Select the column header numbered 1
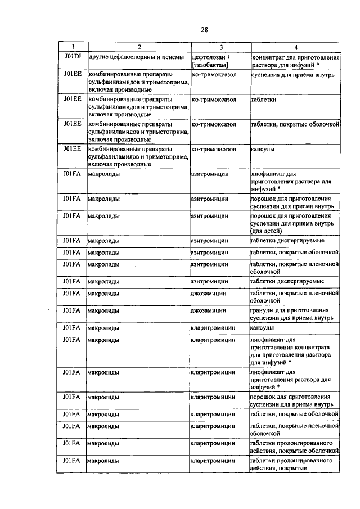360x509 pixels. click(x=73, y=47)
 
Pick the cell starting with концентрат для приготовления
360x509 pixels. click(x=295, y=61)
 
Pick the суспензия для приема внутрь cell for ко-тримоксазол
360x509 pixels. click(x=292, y=74)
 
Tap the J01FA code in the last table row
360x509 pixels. click(x=73, y=461)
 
